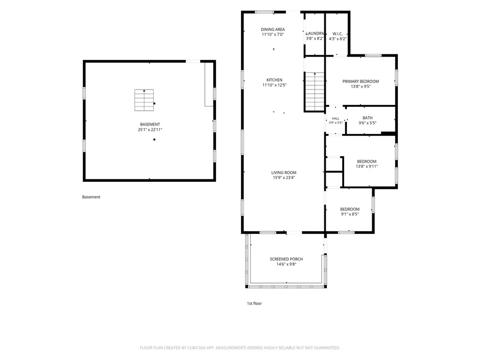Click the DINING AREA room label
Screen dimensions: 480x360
[273, 30]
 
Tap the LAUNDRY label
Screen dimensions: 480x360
[315, 33]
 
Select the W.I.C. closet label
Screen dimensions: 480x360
[337, 34]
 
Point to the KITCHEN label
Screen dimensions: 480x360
[274, 80]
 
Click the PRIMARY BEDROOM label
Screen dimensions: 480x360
[360, 82]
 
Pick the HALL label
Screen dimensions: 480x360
[336, 119]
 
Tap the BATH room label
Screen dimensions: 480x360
[367, 118]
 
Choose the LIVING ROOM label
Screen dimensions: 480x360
[284, 172]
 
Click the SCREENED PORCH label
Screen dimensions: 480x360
[286, 259]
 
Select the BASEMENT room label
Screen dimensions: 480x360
[150, 124]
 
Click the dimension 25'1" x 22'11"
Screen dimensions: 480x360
[150, 129]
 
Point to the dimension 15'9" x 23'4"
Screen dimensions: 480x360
[284, 178]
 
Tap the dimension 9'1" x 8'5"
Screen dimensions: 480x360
[350, 214]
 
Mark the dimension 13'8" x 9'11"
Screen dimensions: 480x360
[367, 166]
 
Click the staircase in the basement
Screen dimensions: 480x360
[144, 100]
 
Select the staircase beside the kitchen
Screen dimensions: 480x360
[315, 91]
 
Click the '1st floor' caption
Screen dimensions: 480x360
[255, 303]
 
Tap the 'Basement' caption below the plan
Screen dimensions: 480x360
[91, 197]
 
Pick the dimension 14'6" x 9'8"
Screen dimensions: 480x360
[286, 264]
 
